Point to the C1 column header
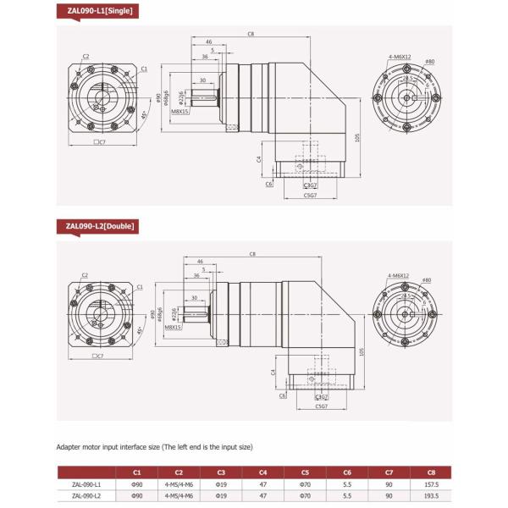[136, 472]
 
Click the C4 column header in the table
[264, 472]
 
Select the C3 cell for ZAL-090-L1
[220, 484]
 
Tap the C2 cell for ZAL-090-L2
[178, 496]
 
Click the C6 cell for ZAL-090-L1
[348, 484]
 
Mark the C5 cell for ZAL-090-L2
[306, 496]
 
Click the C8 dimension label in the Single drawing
[251, 34]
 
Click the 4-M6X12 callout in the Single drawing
[397, 56]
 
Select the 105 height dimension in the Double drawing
[362, 351]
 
